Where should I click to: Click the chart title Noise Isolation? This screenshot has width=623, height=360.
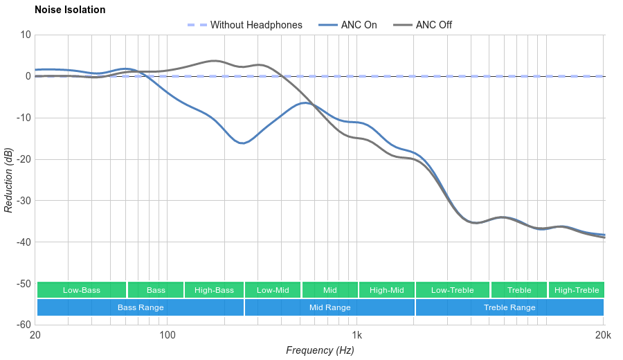(70, 10)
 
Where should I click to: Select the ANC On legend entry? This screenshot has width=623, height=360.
(359, 25)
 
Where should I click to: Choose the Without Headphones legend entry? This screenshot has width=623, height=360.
(256, 25)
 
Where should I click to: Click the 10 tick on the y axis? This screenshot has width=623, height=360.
(26, 35)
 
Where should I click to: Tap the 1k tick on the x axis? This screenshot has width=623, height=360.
(357, 336)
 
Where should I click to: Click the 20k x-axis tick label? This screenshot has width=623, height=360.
(602, 336)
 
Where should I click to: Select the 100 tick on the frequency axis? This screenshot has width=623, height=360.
(167, 336)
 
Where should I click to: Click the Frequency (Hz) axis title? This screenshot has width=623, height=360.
(320, 350)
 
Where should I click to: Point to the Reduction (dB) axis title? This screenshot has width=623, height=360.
(8, 180)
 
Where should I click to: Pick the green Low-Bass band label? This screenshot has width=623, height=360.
(82, 290)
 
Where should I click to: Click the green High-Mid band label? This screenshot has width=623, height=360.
(386, 290)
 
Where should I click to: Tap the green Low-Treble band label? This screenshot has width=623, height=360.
(453, 290)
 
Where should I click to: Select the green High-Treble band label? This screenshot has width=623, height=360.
(577, 290)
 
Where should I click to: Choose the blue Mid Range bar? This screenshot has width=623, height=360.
(329, 307)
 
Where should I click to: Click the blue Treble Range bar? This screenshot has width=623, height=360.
(509, 307)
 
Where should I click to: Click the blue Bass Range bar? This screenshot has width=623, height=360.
(141, 307)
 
